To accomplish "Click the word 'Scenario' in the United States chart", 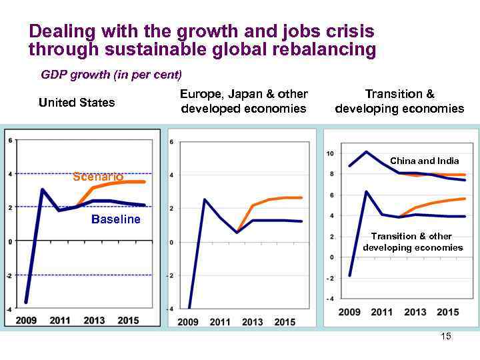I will click(x=98, y=177).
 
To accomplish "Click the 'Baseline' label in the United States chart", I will click(x=116, y=219).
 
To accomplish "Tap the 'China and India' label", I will click(x=424, y=161).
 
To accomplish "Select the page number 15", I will click(x=446, y=336).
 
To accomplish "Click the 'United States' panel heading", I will click(x=77, y=102).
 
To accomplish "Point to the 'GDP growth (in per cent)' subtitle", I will click(x=111, y=74).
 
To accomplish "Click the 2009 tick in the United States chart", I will click(x=26, y=321).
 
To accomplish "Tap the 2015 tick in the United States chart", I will click(x=128, y=321).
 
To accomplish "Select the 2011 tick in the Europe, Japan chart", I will click(x=220, y=322).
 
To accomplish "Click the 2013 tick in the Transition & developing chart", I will click(x=415, y=312).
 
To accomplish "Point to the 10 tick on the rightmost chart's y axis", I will click(x=330, y=154).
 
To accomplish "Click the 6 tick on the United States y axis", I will click(x=9, y=140).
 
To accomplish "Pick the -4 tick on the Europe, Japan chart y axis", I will click(x=171, y=309).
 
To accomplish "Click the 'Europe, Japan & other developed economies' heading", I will click(x=243, y=101).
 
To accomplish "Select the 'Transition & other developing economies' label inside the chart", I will click(x=413, y=242).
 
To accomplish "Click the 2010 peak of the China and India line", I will click(x=367, y=151).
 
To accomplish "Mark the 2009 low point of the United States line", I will click(x=26, y=302).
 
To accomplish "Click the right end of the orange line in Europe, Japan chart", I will click(x=301, y=197).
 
